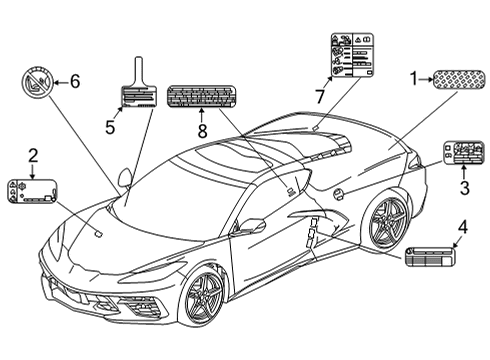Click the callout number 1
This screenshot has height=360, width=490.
click(x=413, y=77)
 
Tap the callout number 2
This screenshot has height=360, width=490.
click(x=32, y=155)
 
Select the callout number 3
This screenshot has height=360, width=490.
click(x=464, y=186)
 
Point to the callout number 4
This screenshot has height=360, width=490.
click(x=462, y=226)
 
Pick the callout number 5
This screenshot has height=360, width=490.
click(x=110, y=125)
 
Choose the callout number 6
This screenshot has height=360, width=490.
click(x=73, y=82)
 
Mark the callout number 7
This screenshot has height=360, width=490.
click(x=319, y=97)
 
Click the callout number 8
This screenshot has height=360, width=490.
click(x=201, y=129)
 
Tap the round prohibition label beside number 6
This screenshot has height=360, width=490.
click(x=37, y=83)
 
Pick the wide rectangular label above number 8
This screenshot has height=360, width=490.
click(x=203, y=96)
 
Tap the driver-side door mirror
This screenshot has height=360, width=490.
click(x=251, y=226)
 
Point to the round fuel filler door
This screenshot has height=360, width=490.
click(x=339, y=191)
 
